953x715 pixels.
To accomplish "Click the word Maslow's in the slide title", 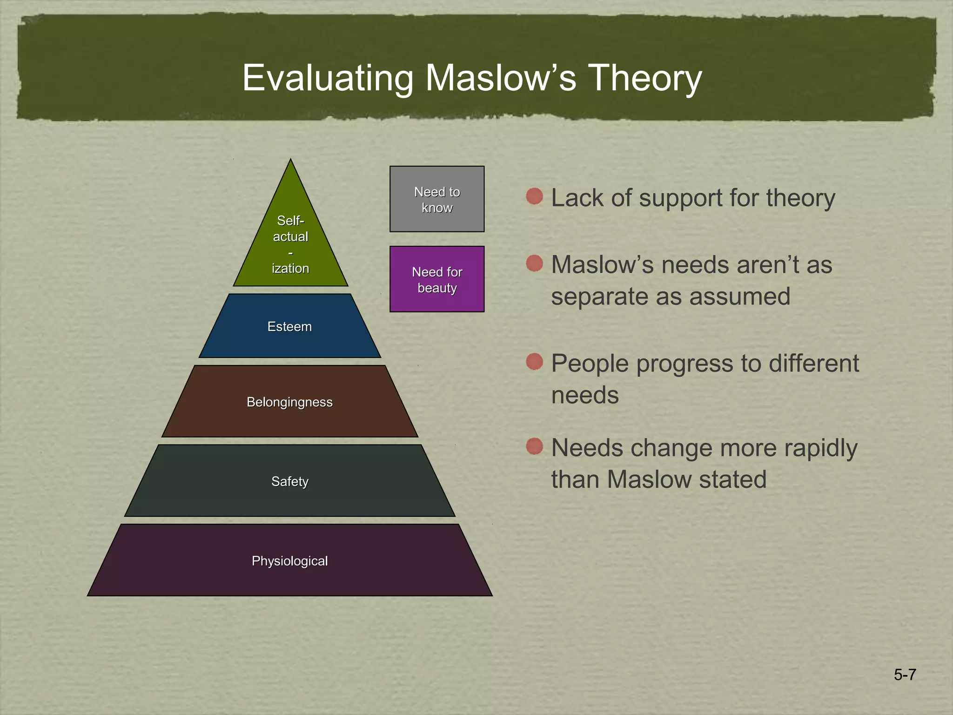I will [x=501, y=78].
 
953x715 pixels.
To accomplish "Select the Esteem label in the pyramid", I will [x=289, y=326].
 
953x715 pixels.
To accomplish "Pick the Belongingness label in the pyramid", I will [x=289, y=402].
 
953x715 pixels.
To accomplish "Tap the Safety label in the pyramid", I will [x=289, y=481].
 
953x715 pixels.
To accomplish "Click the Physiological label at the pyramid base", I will [x=289, y=561].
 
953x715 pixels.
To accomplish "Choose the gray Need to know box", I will [x=437, y=199].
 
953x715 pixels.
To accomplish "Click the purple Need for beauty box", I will [x=437, y=279].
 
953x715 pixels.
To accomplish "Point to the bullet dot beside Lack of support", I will [x=535, y=196].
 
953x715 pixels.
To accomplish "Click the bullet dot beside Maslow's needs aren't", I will [x=535, y=263].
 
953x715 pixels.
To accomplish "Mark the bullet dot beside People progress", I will [x=535, y=362].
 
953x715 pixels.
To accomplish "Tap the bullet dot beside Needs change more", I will [x=535, y=446].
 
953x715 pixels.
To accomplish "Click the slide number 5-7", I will [x=905, y=675].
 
